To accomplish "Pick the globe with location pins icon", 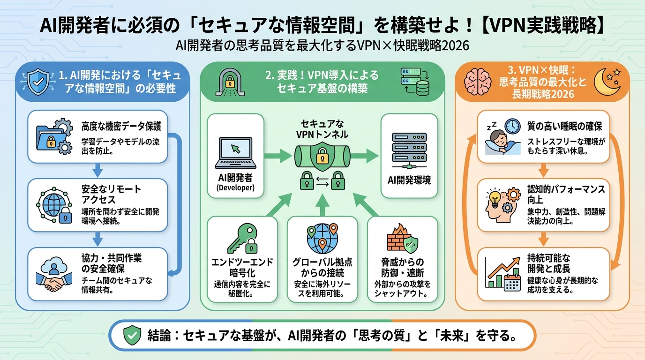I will pyautogui.click(x=322, y=238).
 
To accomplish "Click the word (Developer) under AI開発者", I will pyautogui.click(x=235, y=188).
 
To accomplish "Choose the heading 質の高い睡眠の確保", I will pyautogui.click(x=564, y=127).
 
